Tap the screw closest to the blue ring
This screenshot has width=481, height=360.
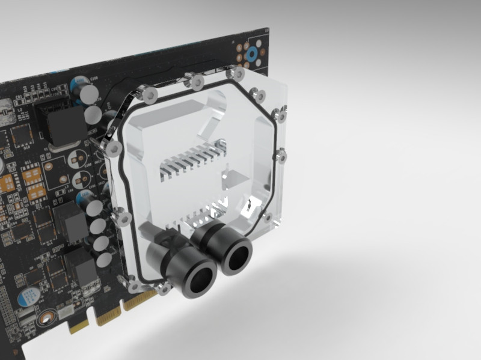238,74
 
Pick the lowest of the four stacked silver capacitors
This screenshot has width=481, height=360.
104,260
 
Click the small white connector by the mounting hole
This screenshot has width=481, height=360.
64,311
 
